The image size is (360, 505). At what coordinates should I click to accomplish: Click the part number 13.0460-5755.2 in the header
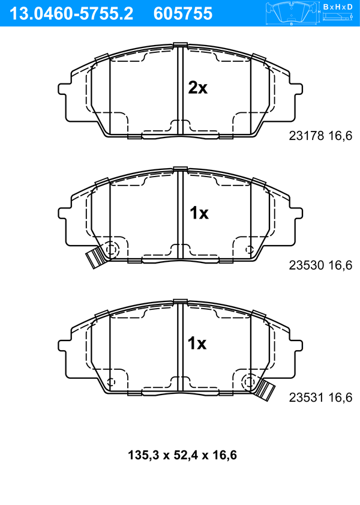point(71,14)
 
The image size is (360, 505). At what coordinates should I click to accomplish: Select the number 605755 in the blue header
point(183,14)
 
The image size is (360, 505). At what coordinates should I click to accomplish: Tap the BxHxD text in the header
point(337,7)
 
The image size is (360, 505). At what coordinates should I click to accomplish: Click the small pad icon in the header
point(291,13)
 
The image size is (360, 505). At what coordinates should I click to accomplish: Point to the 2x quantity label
point(197,88)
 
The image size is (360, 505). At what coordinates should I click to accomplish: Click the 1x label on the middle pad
point(199,213)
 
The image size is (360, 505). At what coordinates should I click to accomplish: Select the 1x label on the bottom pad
point(197,343)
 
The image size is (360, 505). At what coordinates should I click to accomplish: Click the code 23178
point(306,136)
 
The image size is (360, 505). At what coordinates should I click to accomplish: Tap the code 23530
point(306,265)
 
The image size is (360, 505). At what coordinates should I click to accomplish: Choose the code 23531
point(306,398)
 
